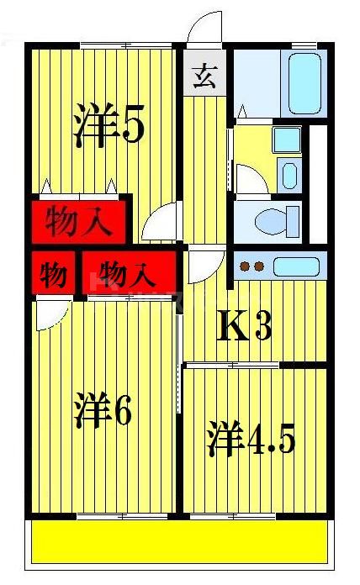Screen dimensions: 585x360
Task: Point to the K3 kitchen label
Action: [245, 326]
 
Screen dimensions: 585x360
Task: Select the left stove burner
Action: [246, 268]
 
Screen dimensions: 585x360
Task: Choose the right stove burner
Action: [260, 268]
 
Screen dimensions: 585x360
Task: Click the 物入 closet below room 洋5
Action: [78, 223]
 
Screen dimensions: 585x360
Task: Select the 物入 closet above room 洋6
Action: [130, 274]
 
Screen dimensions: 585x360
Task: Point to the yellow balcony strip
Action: [182, 541]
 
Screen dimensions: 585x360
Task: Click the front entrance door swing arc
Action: [204, 25]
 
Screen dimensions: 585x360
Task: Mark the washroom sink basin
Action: [289, 175]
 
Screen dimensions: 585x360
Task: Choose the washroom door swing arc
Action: [250, 179]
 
